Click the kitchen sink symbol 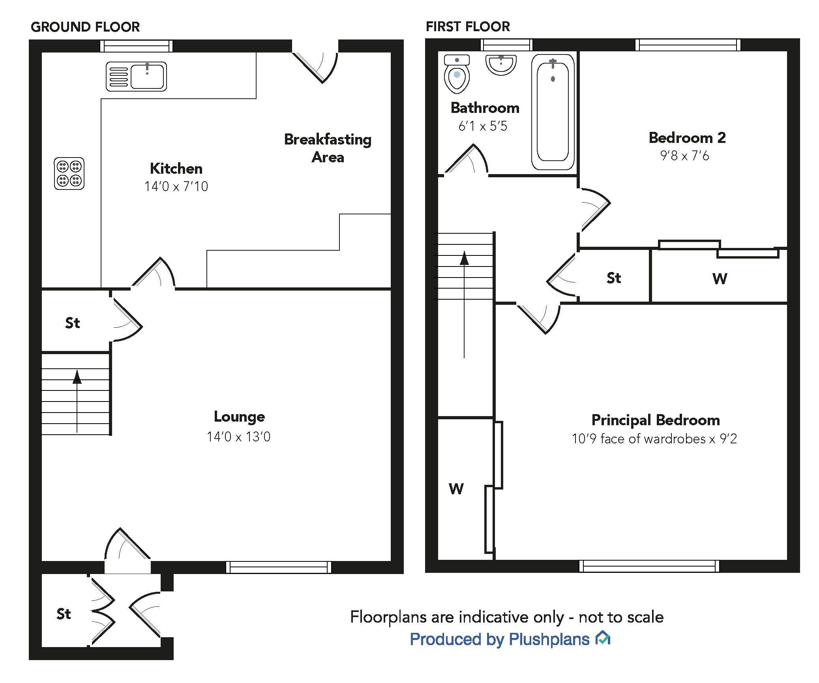pyautogui.click(x=136, y=77)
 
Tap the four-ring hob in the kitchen pyautogui.click(x=69, y=174)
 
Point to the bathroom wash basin pyautogui.click(x=501, y=64)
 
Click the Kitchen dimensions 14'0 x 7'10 pyautogui.click(x=176, y=186)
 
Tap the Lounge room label pyautogui.click(x=239, y=417)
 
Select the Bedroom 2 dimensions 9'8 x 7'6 pyautogui.click(x=684, y=156)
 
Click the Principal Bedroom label pyautogui.click(x=655, y=420)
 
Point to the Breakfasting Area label pyautogui.click(x=328, y=148)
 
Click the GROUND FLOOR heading pyautogui.click(x=85, y=27)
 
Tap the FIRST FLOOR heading pyautogui.click(x=468, y=26)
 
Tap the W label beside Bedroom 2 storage pyautogui.click(x=720, y=279)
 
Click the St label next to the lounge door pyautogui.click(x=72, y=323)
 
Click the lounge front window pyautogui.click(x=279, y=567)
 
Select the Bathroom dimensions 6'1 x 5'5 pyautogui.click(x=482, y=126)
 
